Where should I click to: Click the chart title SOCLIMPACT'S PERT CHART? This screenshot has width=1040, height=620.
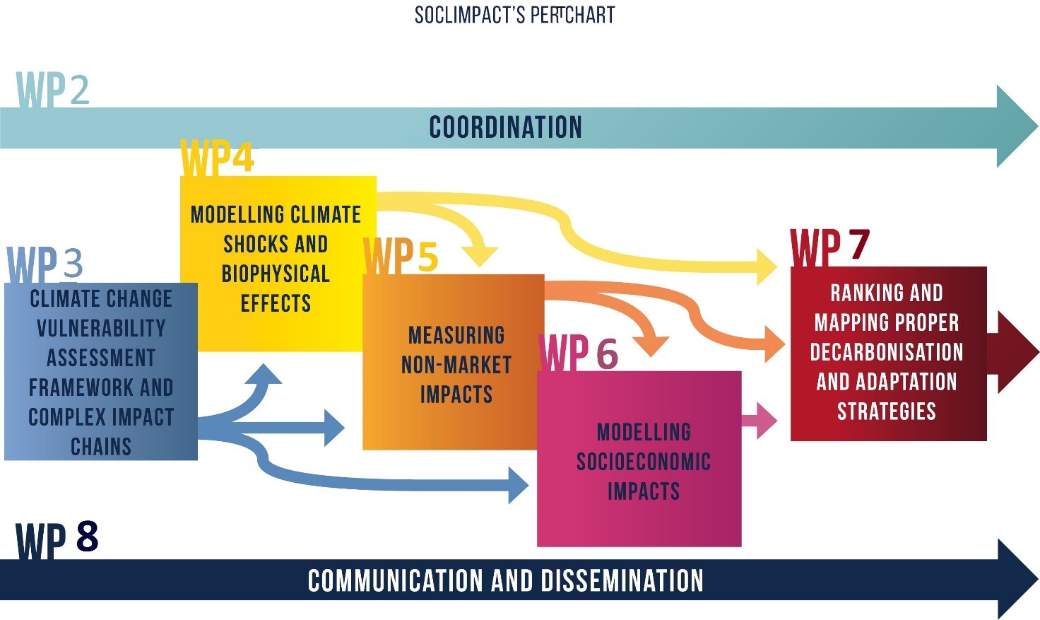pos(514,15)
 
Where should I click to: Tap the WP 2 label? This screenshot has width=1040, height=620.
pos(53,90)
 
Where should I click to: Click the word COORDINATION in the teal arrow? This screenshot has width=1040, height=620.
pos(505,128)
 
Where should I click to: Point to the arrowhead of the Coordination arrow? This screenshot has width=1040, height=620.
pos(1015,127)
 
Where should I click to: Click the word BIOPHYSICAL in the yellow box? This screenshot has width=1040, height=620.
pos(276,274)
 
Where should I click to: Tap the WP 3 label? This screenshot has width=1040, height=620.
pos(45,264)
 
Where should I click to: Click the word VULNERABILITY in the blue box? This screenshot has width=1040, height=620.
pos(101,329)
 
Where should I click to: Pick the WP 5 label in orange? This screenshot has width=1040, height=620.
pos(401,255)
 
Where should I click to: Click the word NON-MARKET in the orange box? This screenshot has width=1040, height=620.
pos(456,365)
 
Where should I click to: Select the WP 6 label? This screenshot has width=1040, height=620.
pos(579,352)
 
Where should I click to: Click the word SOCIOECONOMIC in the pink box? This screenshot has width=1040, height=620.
pos(643,462)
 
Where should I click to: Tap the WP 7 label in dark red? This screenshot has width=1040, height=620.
pos(829,246)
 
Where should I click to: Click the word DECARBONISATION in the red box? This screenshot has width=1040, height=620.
pos(887,352)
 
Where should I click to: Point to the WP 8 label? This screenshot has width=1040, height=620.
pos(57,539)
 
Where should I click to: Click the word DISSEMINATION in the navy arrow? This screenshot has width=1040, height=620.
pos(622,581)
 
